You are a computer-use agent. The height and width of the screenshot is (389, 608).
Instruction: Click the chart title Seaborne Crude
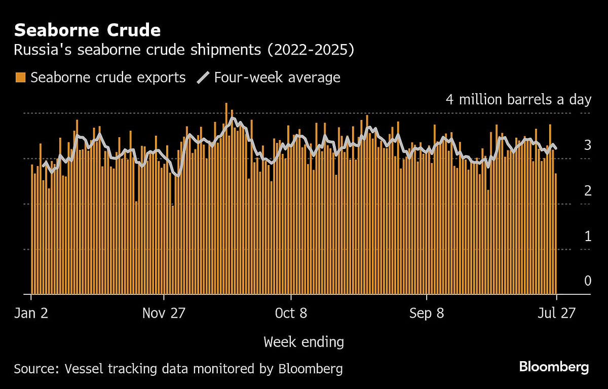pyautogui.click(x=87, y=30)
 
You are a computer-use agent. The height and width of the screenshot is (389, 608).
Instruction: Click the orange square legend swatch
pyautogui.click(x=20, y=77)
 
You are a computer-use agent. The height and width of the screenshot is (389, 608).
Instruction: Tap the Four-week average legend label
pyautogui.click(x=277, y=77)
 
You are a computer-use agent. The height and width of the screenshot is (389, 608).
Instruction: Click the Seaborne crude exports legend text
pyautogui.click(x=108, y=77)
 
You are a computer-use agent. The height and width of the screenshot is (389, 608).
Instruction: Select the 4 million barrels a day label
pyautogui.click(x=518, y=99)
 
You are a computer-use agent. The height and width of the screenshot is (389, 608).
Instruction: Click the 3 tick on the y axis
pyautogui.click(x=587, y=145)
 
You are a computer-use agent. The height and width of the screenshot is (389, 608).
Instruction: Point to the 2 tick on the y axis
pyautogui.click(x=587, y=191)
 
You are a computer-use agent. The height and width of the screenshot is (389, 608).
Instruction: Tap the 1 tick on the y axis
pyautogui.click(x=587, y=236)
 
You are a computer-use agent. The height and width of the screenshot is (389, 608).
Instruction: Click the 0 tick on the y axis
pyautogui.click(x=587, y=281)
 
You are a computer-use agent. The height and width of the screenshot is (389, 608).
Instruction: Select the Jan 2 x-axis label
pyautogui.click(x=31, y=314)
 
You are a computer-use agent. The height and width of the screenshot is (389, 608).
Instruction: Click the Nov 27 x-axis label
pyautogui.click(x=164, y=314)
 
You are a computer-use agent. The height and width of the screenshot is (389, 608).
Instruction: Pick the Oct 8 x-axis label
pyautogui.click(x=291, y=314)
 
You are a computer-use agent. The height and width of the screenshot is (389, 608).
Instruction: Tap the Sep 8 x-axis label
pyautogui.click(x=427, y=314)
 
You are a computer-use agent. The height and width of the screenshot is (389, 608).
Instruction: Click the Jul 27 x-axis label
pyautogui.click(x=556, y=314)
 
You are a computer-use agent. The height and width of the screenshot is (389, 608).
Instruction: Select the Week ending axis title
pyautogui.click(x=303, y=342)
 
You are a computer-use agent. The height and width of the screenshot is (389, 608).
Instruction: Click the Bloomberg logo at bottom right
pyautogui.click(x=554, y=367)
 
